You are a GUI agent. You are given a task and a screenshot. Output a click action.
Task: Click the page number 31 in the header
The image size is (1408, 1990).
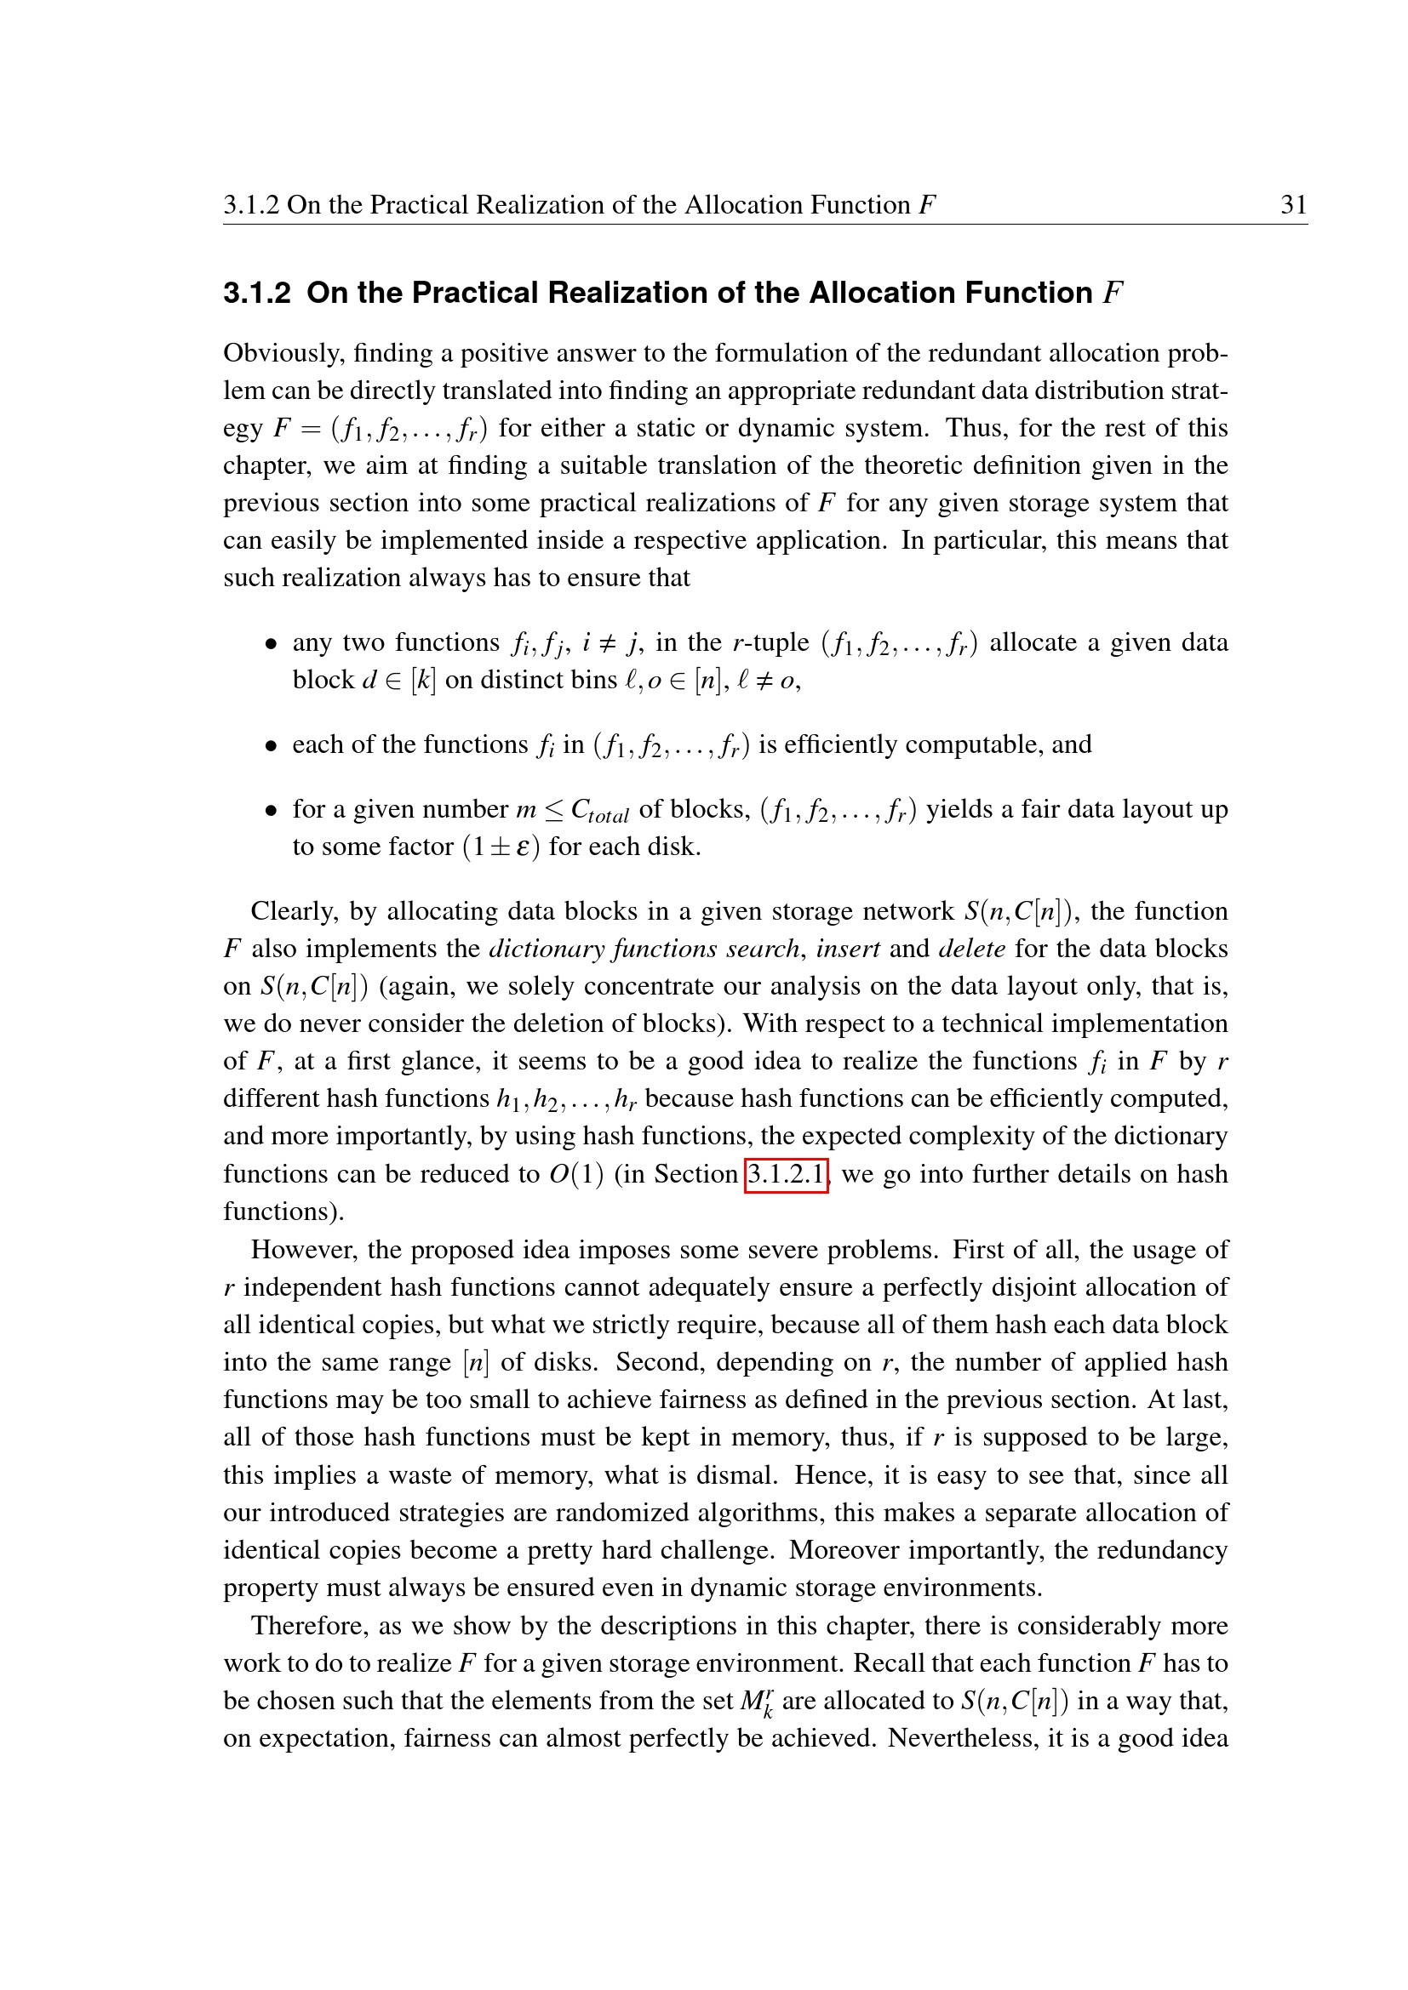click(1294, 204)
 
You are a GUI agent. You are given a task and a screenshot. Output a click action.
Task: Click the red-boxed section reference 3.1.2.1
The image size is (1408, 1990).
click(787, 1174)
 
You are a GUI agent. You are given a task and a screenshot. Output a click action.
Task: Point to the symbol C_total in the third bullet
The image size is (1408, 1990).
click(599, 812)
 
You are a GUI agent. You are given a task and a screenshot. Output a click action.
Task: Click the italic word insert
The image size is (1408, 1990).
click(848, 949)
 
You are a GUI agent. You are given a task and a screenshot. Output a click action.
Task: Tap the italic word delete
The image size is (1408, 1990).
click(972, 949)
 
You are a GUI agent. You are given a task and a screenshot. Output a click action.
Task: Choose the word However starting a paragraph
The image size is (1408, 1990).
click(303, 1250)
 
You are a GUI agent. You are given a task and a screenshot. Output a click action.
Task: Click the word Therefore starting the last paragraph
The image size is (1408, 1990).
click(311, 1626)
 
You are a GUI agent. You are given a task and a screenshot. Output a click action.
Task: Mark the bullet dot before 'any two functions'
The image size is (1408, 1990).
click(272, 644)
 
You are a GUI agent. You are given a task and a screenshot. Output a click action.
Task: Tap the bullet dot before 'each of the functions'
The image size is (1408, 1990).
click(272, 746)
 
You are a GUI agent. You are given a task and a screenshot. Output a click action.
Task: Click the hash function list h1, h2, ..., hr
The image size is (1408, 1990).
click(566, 1099)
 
